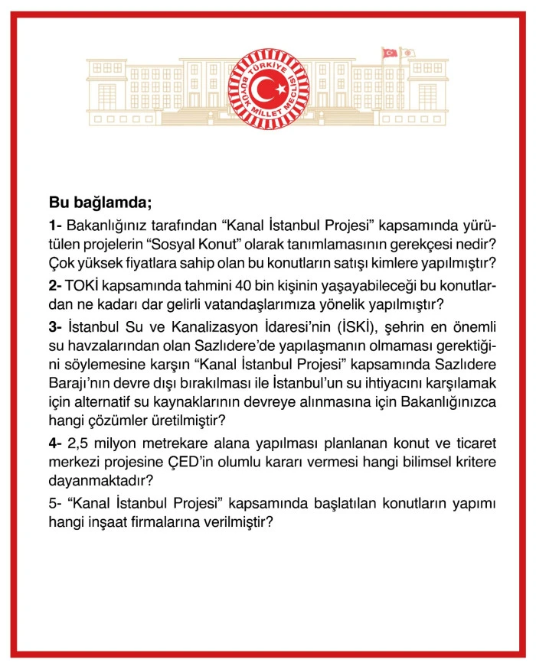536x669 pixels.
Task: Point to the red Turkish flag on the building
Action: tap(390, 53)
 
